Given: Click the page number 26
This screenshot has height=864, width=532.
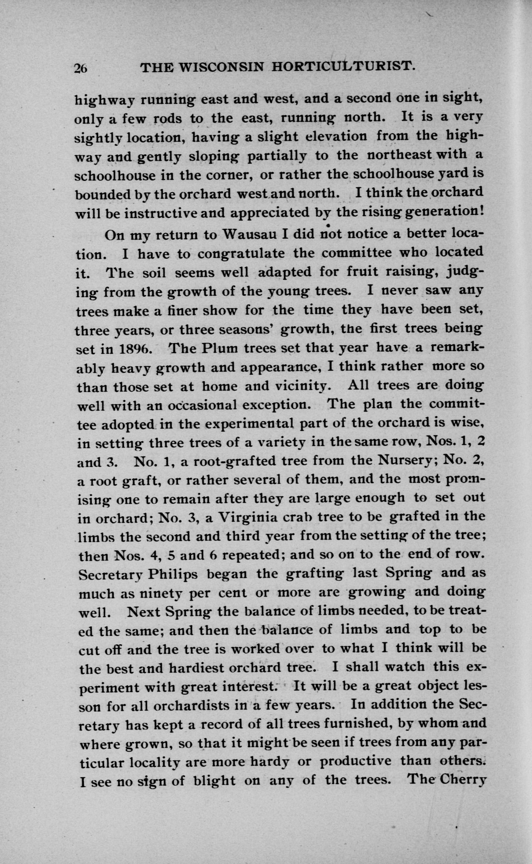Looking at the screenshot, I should point(80,68).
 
